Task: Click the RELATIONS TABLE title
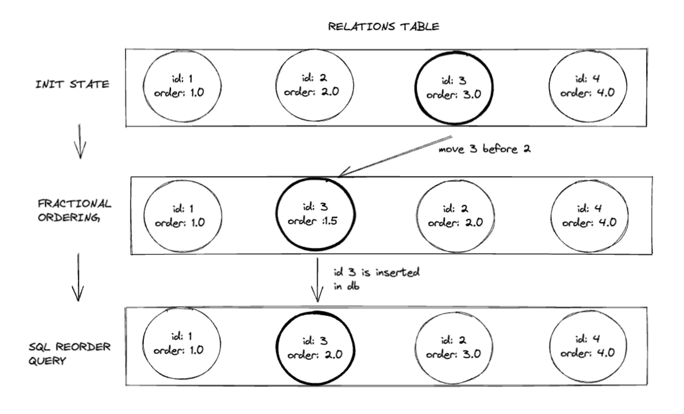pyautogui.click(x=383, y=27)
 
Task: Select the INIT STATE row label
pyautogui.click(x=73, y=84)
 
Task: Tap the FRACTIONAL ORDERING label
pyautogui.click(x=74, y=211)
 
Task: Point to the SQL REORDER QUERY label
pyautogui.click(x=69, y=353)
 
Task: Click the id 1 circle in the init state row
pyautogui.click(x=143, y=86)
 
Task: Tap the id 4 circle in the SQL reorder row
pyautogui.click(x=550, y=346)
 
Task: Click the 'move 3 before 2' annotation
pyautogui.click(x=485, y=149)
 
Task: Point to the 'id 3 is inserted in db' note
pyautogui.click(x=377, y=279)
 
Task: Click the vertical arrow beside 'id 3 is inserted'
pyautogui.click(x=317, y=280)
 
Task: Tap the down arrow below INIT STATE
pyautogui.click(x=80, y=141)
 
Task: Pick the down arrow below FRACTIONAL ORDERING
pyautogui.click(x=78, y=277)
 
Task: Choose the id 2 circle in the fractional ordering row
pyautogui.click(x=417, y=216)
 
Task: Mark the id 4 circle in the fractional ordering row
pyautogui.click(x=551, y=216)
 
